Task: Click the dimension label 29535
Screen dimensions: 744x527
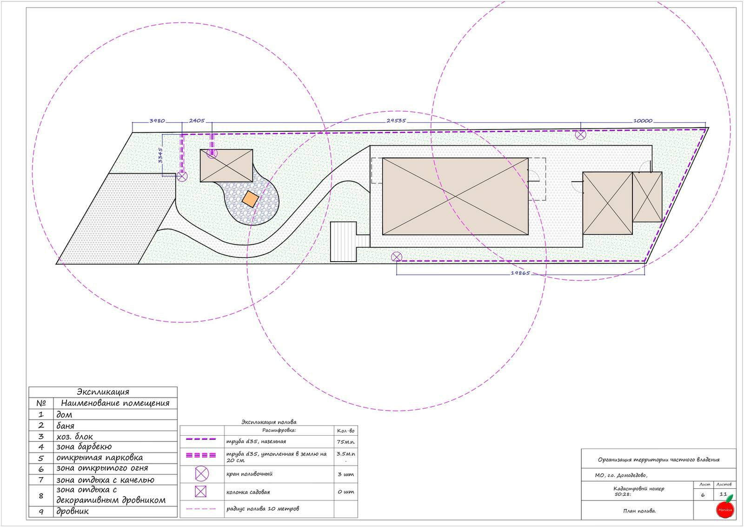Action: click(396, 121)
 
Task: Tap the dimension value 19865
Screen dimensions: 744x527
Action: click(520, 273)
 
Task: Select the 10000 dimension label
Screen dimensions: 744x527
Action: click(643, 121)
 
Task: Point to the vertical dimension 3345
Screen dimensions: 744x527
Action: click(160, 155)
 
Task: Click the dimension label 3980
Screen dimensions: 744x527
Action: click(157, 121)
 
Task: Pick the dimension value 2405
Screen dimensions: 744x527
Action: click(197, 121)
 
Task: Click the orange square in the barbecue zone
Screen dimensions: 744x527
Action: click(250, 199)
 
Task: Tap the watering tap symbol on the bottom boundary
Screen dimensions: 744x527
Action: click(397, 257)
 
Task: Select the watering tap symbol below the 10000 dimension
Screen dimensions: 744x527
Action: click(581, 135)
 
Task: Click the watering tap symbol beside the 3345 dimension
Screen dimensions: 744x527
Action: click(182, 176)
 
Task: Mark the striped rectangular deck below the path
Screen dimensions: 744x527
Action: click(344, 242)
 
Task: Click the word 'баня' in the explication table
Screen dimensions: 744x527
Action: click(65, 426)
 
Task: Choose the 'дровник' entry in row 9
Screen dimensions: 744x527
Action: click(73, 511)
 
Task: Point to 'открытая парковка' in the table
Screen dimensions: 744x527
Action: click(100, 458)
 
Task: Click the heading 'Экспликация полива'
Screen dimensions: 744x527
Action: click(269, 422)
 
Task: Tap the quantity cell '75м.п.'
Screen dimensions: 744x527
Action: click(346, 442)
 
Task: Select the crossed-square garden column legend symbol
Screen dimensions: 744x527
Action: click(200, 492)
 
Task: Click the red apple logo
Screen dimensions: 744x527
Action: click(725, 508)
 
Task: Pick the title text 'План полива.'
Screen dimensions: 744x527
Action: click(639, 511)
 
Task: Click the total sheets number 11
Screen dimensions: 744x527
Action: click(723, 494)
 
